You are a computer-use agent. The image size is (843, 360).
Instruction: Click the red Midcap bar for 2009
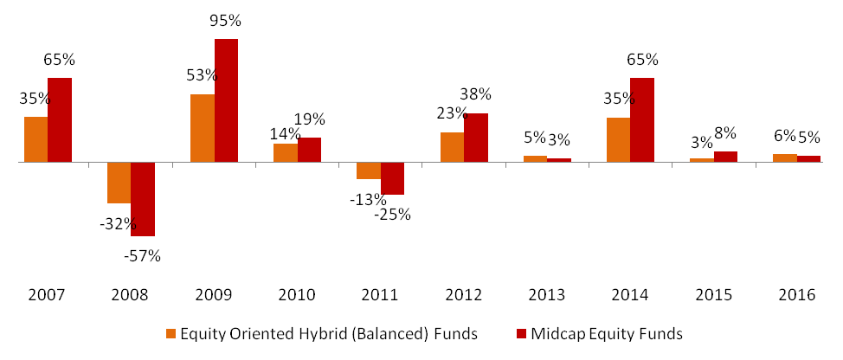226,100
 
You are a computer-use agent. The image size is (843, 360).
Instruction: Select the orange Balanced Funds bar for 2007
35,139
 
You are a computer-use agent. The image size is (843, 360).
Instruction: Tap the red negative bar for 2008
143,199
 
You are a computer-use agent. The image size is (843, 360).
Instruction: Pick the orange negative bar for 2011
368,170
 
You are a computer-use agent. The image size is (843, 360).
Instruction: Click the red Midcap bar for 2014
641,119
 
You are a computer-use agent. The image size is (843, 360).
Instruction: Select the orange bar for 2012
452,147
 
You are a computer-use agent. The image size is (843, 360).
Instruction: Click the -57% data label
142,255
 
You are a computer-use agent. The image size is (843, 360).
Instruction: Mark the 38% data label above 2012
475,94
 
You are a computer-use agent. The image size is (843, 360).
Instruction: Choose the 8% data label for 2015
725,133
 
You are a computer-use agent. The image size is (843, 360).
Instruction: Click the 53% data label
203,75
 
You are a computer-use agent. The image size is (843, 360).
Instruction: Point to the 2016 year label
798,295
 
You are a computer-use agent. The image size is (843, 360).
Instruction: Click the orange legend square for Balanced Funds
171,332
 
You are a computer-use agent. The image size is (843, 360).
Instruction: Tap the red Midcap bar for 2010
309,150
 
